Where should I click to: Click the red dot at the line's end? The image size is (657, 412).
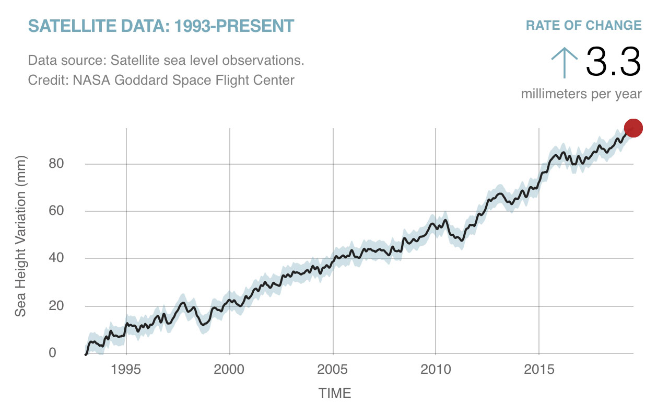click(633, 128)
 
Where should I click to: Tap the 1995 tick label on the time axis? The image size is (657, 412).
click(126, 370)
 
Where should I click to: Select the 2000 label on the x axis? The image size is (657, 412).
click(229, 370)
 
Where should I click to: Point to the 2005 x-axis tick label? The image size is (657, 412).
click(333, 370)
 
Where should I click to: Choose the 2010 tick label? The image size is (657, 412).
click(436, 370)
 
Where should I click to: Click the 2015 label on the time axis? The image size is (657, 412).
click(538, 370)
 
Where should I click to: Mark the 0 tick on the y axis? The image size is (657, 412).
click(52, 353)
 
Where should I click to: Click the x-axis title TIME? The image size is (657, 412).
click(335, 393)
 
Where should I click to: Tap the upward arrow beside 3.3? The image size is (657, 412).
click(564, 61)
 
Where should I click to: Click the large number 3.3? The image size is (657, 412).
click(613, 61)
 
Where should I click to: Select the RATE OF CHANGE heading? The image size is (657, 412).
click(583, 25)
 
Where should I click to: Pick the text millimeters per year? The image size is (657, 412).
click(581, 94)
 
